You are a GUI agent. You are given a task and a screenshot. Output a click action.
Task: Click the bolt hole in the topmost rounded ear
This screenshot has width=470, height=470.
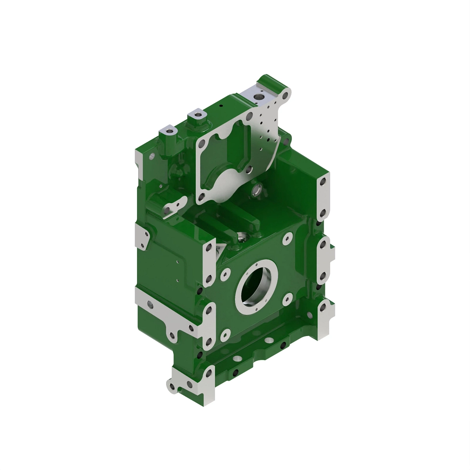pyautogui.click(x=286, y=95)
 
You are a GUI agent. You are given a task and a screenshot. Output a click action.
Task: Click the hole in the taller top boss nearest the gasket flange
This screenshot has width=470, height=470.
pyautogui.click(x=198, y=116)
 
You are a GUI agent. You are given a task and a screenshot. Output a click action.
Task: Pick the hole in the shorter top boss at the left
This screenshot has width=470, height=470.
pyautogui.click(x=170, y=131)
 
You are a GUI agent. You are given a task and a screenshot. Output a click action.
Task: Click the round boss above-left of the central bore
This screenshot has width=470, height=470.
pyautogui.click(x=225, y=275)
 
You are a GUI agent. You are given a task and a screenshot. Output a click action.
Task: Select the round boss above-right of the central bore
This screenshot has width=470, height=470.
pyautogui.click(x=288, y=239)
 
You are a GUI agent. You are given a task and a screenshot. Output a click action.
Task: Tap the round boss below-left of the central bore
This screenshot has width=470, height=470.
pyautogui.click(x=225, y=335)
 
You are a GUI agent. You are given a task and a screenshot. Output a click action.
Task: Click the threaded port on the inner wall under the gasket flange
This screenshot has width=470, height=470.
pyautogui.click(x=257, y=191)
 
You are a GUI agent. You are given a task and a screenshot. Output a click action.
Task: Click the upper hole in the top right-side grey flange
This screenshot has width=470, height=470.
pyautogui.click(x=323, y=183)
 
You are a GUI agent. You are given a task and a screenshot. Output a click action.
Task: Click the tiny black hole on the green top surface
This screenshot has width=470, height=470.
pyautogui.click(x=221, y=106)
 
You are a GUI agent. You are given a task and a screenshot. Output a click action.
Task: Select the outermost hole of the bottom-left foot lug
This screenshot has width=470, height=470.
pyautogui.click(x=171, y=386)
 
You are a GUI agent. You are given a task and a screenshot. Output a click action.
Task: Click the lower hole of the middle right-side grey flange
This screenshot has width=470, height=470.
pyautogui.click(x=323, y=276)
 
